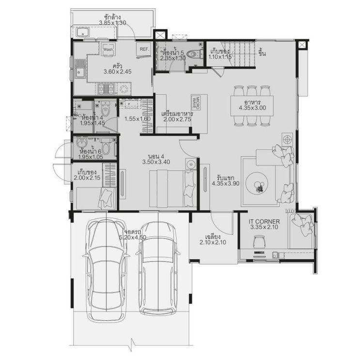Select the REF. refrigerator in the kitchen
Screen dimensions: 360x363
tap(144, 49)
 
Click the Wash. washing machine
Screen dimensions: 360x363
tap(108, 49)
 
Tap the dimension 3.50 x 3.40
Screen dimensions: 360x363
tap(156, 163)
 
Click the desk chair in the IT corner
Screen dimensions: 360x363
tap(259, 241)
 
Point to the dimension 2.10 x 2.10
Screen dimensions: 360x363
tap(213, 243)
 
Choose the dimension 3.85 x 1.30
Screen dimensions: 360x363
tap(112, 23)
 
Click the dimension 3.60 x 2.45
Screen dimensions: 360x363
tap(117, 72)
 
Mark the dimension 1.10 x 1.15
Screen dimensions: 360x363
tap(220, 57)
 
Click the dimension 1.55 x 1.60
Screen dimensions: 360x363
tap(137, 119)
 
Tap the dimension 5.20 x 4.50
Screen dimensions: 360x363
tap(132, 237)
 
